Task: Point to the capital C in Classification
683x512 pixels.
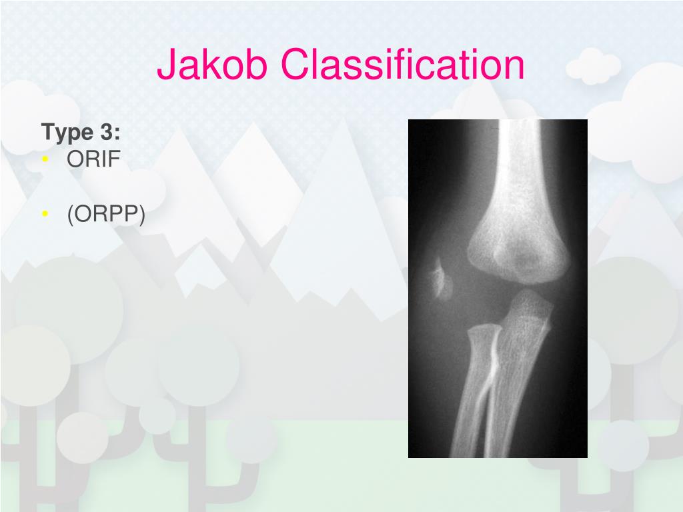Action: (x=295, y=65)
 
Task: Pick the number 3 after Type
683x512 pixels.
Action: (x=107, y=132)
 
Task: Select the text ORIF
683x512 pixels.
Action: (x=93, y=160)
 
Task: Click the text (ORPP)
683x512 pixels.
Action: (x=105, y=215)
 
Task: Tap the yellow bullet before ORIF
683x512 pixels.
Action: (x=45, y=160)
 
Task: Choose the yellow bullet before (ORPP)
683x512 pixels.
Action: (x=45, y=214)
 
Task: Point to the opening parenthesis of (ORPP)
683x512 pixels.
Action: (x=69, y=215)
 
